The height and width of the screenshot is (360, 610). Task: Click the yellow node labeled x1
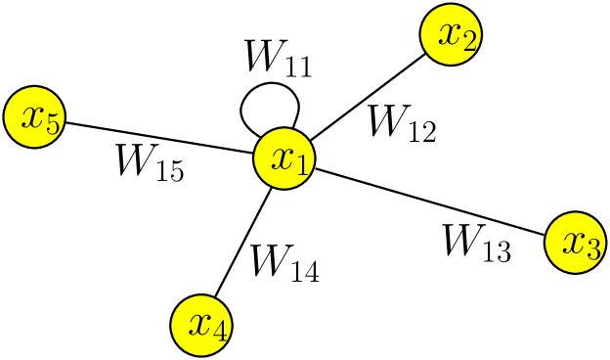click(x=284, y=158)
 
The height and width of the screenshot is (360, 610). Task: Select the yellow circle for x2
click(x=451, y=35)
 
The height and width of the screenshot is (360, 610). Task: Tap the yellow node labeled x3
click(x=575, y=243)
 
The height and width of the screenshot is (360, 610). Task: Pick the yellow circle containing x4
click(x=201, y=326)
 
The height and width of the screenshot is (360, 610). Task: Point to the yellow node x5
click(x=34, y=117)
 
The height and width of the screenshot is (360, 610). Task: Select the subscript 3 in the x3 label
click(x=592, y=250)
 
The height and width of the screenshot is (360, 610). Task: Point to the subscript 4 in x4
click(x=220, y=333)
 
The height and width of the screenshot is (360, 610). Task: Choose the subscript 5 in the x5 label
click(x=53, y=125)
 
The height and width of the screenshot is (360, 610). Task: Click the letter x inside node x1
click(x=283, y=157)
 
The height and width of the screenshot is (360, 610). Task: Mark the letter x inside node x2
click(x=449, y=33)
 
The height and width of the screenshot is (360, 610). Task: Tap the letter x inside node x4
click(x=199, y=324)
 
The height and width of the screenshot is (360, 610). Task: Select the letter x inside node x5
click(x=32, y=116)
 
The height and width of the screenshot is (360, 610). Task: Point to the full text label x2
click(x=457, y=37)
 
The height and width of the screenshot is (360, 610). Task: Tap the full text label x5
click(x=41, y=120)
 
